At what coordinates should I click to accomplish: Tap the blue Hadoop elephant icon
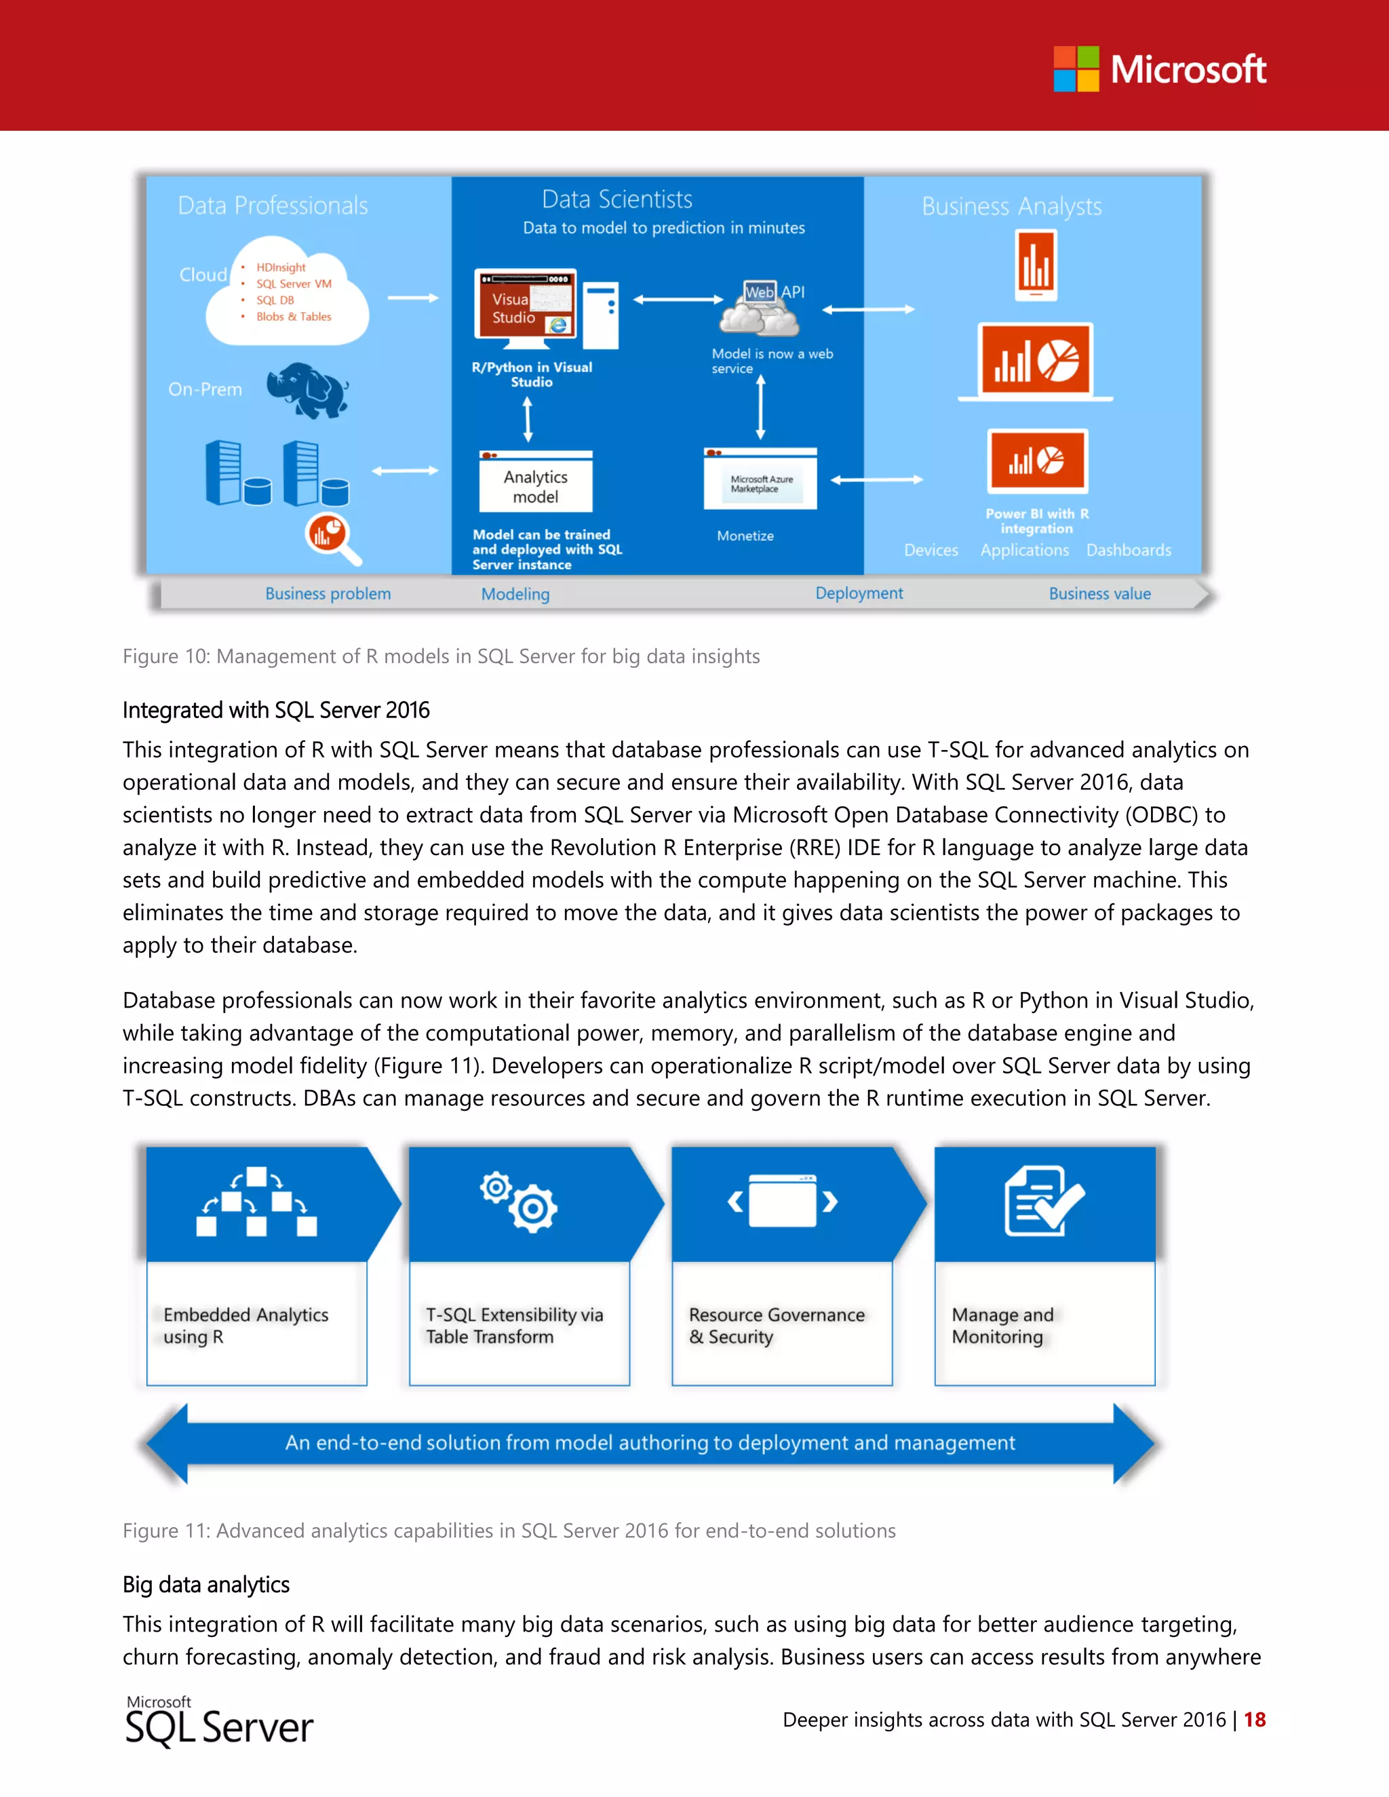[308, 389]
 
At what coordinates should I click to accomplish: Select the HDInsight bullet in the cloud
[281, 267]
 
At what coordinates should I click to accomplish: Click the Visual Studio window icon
[525, 304]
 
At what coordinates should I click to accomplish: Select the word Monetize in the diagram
[745, 536]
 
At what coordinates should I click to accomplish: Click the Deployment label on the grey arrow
[858, 593]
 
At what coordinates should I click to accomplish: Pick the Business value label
[1099, 593]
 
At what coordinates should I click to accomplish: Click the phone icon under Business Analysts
[1036, 266]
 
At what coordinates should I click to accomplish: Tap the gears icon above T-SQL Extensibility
[520, 1202]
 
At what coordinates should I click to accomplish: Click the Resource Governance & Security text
[776, 1326]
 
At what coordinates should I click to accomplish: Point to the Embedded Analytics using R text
[246, 1326]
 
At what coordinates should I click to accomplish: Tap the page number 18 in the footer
[1254, 1720]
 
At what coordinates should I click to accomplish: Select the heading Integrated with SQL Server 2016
[275, 710]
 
